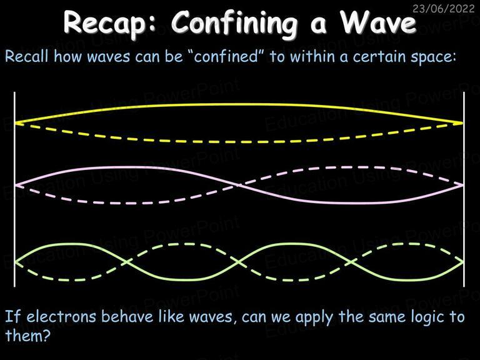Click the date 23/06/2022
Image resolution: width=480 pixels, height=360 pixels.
click(x=444, y=8)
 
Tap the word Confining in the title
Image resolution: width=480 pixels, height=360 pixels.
click(x=234, y=23)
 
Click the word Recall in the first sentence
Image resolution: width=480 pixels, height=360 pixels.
click(x=27, y=56)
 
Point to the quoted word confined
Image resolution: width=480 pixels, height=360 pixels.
click(x=226, y=56)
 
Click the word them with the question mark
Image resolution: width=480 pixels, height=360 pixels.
click(x=27, y=335)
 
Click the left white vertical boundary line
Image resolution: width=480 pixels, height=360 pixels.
click(x=14, y=189)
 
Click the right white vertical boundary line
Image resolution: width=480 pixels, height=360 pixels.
click(x=464, y=189)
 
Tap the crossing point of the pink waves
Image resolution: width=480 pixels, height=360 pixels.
click(x=239, y=185)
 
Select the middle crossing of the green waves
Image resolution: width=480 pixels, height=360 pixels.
click(x=239, y=261)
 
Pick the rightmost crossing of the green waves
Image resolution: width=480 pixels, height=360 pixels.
click(x=352, y=262)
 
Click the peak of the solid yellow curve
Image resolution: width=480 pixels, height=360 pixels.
click(x=239, y=105)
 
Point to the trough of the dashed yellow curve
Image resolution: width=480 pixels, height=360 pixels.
click(x=239, y=142)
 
